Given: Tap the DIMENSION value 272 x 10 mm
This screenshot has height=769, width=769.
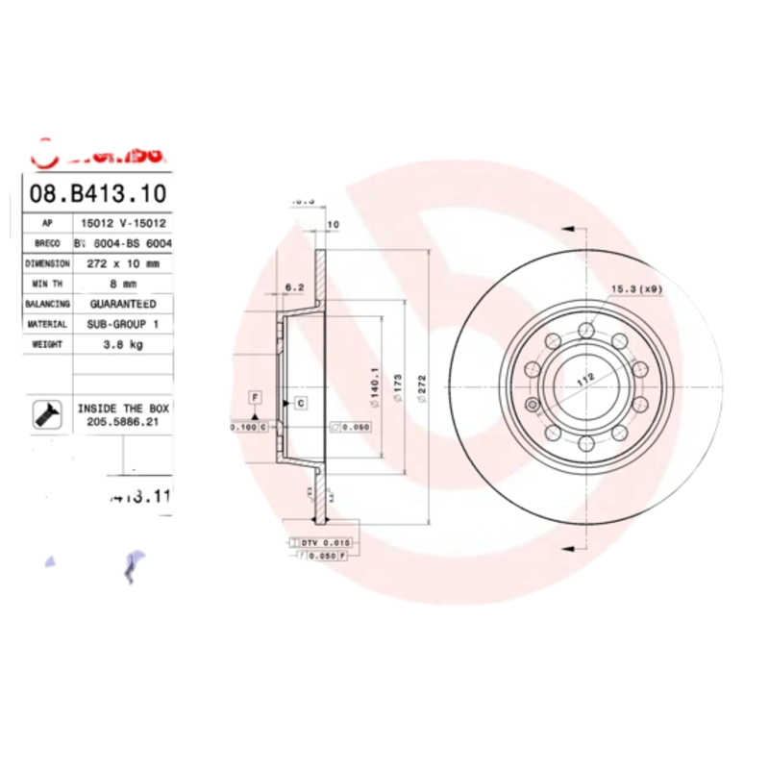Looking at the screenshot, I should (121, 262).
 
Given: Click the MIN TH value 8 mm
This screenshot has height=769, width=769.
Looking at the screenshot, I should (121, 284).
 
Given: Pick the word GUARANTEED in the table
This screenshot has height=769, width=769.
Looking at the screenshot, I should (121, 304).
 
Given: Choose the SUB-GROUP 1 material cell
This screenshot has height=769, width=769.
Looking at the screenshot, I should (121, 325).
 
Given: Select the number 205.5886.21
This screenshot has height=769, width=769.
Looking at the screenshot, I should (122, 420).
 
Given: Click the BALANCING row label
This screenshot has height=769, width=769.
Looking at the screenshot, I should (47, 304).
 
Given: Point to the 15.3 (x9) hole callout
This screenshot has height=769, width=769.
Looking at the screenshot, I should (635, 289).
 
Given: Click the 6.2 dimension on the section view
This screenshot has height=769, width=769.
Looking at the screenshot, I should (295, 287).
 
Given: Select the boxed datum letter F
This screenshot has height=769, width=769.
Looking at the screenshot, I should (255, 396).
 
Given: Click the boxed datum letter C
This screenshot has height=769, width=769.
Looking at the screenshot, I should (301, 403).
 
